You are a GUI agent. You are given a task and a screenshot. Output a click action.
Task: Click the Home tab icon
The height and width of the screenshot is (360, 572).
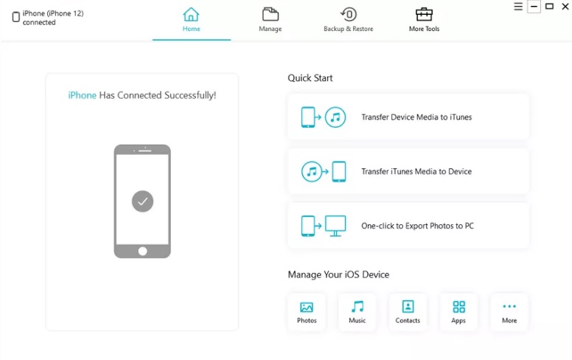[191, 15]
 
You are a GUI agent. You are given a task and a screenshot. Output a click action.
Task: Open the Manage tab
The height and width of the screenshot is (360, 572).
[271, 20]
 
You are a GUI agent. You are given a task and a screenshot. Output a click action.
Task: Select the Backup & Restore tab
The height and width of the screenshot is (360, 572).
[349, 20]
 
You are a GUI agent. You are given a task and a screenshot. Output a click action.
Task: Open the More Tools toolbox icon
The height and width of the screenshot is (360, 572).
[424, 14]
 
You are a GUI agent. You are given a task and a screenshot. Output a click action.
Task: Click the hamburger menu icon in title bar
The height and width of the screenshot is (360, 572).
[518, 7]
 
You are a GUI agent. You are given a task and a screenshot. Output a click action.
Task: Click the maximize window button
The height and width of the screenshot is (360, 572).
[549, 6]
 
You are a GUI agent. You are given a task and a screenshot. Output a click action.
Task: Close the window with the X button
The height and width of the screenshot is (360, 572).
[565, 7]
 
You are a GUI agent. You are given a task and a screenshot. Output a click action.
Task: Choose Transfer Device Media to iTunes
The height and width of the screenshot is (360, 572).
[408, 117]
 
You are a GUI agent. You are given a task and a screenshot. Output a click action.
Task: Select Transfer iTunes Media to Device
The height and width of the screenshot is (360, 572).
[408, 171]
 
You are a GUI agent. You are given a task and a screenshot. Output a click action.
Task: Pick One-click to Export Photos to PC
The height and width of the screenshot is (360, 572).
[408, 226]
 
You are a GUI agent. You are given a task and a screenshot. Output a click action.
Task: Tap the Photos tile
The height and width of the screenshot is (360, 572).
[307, 313]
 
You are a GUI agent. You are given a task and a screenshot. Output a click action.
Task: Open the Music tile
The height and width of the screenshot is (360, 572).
[357, 313]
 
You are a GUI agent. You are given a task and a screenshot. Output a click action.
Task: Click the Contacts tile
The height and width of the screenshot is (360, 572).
[408, 313]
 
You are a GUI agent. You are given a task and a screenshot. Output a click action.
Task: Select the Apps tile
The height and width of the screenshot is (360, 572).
[458, 313]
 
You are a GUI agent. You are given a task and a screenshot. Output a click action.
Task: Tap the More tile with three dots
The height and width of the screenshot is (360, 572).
[509, 313]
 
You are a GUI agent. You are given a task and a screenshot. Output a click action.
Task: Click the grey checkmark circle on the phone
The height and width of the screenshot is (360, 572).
[143, 201]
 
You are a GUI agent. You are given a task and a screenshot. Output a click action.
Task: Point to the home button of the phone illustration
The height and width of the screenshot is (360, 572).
[143, 252]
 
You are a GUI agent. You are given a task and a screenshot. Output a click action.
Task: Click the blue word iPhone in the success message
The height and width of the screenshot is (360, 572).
[82, 95]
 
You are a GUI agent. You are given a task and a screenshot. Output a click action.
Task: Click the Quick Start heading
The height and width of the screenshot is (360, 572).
[310, 78]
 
